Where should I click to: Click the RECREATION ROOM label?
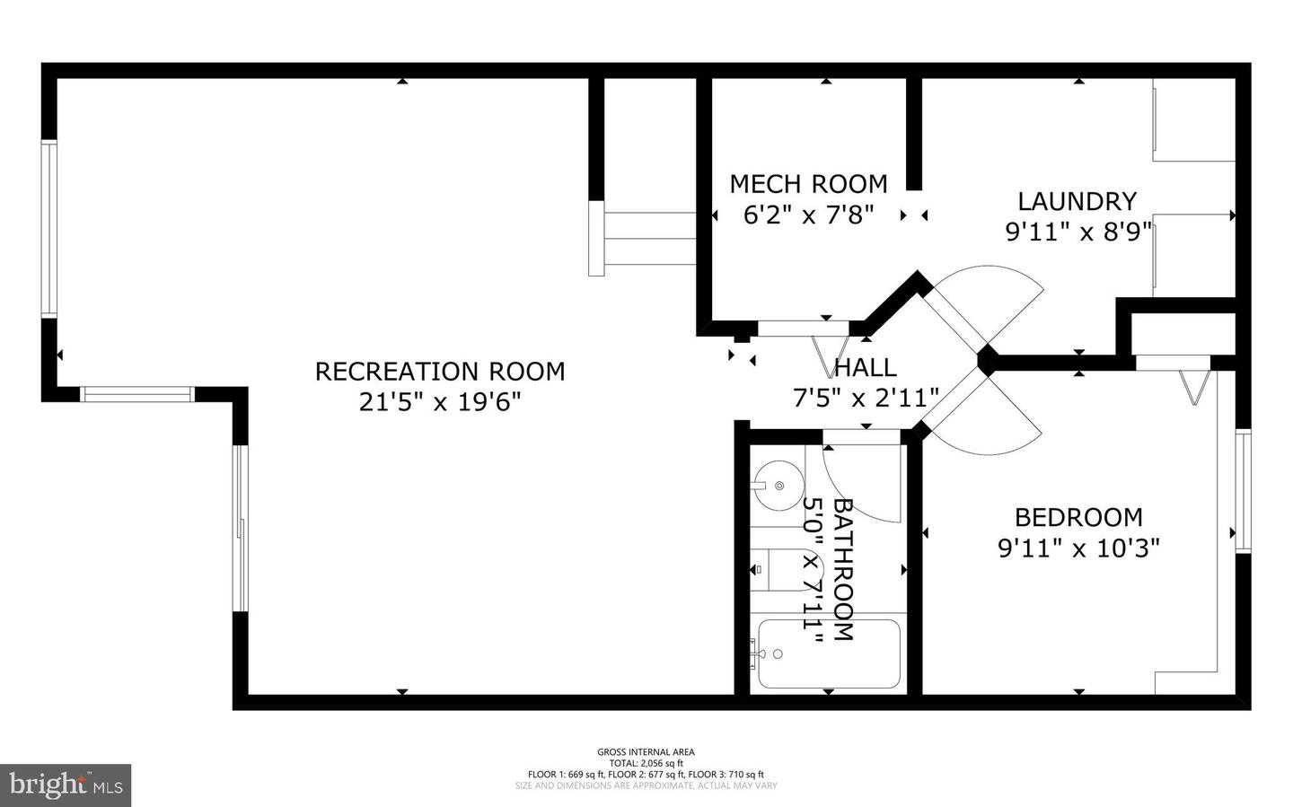click(440, 371)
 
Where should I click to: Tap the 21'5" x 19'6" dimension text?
click(440, 401)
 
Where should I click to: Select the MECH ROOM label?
click(808, 184)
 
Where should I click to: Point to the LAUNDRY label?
click(1077, 201)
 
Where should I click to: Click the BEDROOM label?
click(1078, 517)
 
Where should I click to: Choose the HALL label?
click(866, 367)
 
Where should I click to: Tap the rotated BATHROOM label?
click(842, 569)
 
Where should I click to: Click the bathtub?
click(828, 653)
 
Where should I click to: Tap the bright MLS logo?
click(66, 785)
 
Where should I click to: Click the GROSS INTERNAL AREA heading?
click(646, 752)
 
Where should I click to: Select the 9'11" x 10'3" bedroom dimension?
click(1078, 548)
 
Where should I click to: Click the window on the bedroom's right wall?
click(1243, 490)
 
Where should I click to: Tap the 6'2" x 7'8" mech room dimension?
click(808, 215)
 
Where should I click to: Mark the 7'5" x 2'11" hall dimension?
click(866, 397)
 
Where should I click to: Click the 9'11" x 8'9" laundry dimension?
click(1077, 232)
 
